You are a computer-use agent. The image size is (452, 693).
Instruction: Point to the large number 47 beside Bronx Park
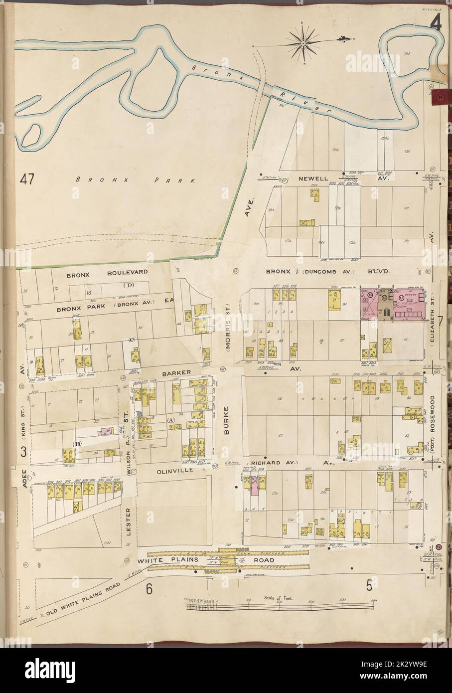coord(27,179)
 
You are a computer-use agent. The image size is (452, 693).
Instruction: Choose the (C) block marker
coord(132,340)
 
